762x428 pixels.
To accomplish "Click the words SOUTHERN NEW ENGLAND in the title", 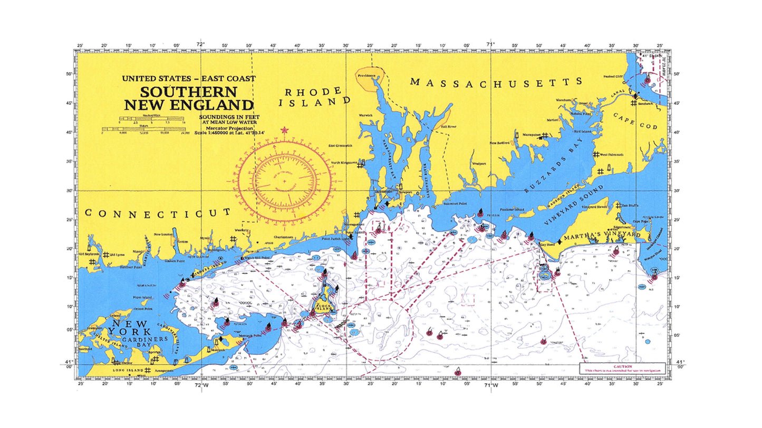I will pyautogui.click(x=188, y=97).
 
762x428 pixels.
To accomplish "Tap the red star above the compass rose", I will pyautogui.click(x=285, y=130).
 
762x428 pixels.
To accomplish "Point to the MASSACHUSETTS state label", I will pyautogui.click(x=496, y=82).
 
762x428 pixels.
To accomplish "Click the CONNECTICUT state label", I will pyautogui.click(x=158, y=213).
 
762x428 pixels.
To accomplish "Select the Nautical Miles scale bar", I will pyautogui.click(x=137, y=119).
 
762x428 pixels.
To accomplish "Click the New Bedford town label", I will pyautogui.click(x=499, y=143).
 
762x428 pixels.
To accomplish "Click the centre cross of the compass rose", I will pyautogui.click(x=284, y=181).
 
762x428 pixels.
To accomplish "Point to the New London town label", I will pyautogui.click(x=163, y=234).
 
